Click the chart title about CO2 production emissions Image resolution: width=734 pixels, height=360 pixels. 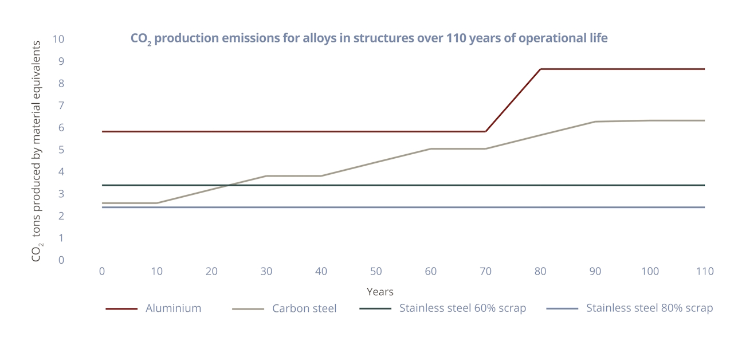coord(369,38)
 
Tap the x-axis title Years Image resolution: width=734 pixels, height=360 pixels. coord(380,292)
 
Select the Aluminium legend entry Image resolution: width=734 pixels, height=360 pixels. coord(173,308)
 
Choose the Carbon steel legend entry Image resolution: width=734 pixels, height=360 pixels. coord(304,308)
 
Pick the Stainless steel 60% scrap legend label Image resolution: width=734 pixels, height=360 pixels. coord(462,308)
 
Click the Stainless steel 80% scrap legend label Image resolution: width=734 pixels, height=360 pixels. coord(649,308)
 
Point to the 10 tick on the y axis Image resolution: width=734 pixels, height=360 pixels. coord(58,40)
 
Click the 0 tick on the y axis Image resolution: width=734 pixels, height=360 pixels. coord(61,260)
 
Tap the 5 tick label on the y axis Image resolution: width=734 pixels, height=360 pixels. coord(61,150)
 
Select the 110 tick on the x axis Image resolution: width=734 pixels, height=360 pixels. coord(705,271)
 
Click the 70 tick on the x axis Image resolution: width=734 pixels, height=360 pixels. coord(485,271)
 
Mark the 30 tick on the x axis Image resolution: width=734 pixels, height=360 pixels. coord(266,271)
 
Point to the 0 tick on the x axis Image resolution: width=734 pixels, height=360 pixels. coord(102,271)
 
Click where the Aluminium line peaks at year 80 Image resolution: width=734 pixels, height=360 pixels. coord(540,69)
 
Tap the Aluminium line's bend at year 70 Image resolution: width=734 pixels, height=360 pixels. coord(485,131)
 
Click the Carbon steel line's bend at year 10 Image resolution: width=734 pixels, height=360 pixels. coord(157,203)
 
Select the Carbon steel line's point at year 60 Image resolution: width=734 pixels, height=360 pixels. coord(431,148)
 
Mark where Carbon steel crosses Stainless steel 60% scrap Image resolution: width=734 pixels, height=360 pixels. coord(229,185)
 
